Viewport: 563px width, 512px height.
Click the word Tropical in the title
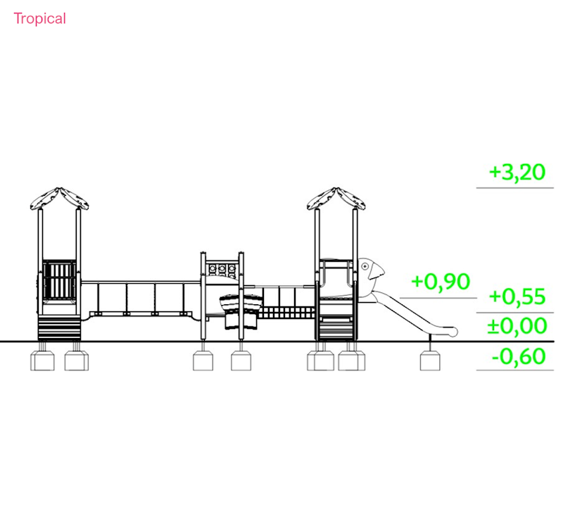(40, 19)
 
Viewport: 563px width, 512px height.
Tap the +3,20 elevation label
(517, 173)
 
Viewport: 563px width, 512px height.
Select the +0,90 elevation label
(441, 282)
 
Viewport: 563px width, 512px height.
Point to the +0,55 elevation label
(517, 296)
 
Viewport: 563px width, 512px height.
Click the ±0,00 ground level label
(517, 326)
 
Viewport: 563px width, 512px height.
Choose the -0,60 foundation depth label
(519, 356)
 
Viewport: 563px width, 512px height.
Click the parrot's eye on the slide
(365, 266)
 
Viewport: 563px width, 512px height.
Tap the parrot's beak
(377, 273)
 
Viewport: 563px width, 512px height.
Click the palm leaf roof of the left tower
(60, 199)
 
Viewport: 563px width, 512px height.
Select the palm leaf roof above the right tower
(336, 199)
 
